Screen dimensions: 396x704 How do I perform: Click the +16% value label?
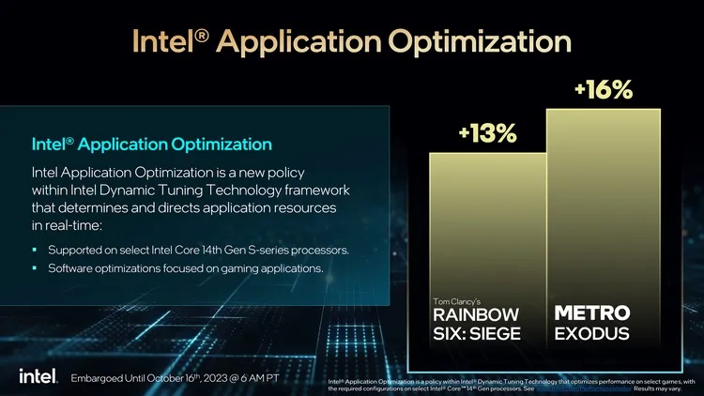click(x=603, y=90)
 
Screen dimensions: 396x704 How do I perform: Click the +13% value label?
click(x=487, y=134)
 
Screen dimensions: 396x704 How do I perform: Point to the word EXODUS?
click(x=592, y=334)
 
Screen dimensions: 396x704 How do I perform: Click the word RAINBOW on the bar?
click(x=476, y=313)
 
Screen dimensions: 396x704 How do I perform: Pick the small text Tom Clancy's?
click(x=454, y=299)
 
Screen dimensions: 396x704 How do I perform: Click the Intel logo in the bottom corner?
click(x=38, y=375)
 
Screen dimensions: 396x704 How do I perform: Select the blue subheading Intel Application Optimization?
click(x=152, y=145)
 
